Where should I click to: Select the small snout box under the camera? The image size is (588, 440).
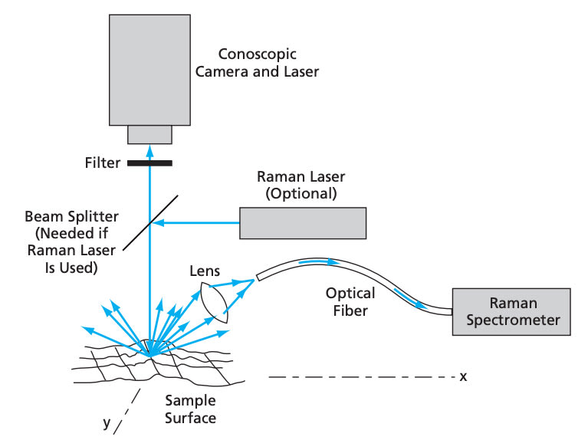click(x=149, y=134)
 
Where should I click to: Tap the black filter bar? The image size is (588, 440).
click(x=149, y=163)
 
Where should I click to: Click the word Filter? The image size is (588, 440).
click(x=103, y=163)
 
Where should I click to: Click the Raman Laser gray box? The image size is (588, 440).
click(x=303, y=222)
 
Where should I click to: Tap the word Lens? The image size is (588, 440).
click(x=205, y=271)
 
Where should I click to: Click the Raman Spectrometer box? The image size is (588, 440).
click(x=511, y=311)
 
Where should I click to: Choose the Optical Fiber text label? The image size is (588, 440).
click(x=350, y=302)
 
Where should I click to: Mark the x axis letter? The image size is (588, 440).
click(x=463, y=376)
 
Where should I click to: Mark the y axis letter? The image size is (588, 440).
click(x=108, y=422)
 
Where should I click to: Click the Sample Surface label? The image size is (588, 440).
click(x=191, y=409)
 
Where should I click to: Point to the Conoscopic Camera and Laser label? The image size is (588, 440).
click(x=257, y=64)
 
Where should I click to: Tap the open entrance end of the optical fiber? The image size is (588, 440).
click(x=258, y=277)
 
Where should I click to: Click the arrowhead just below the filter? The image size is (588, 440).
click(x=149, y=172)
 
